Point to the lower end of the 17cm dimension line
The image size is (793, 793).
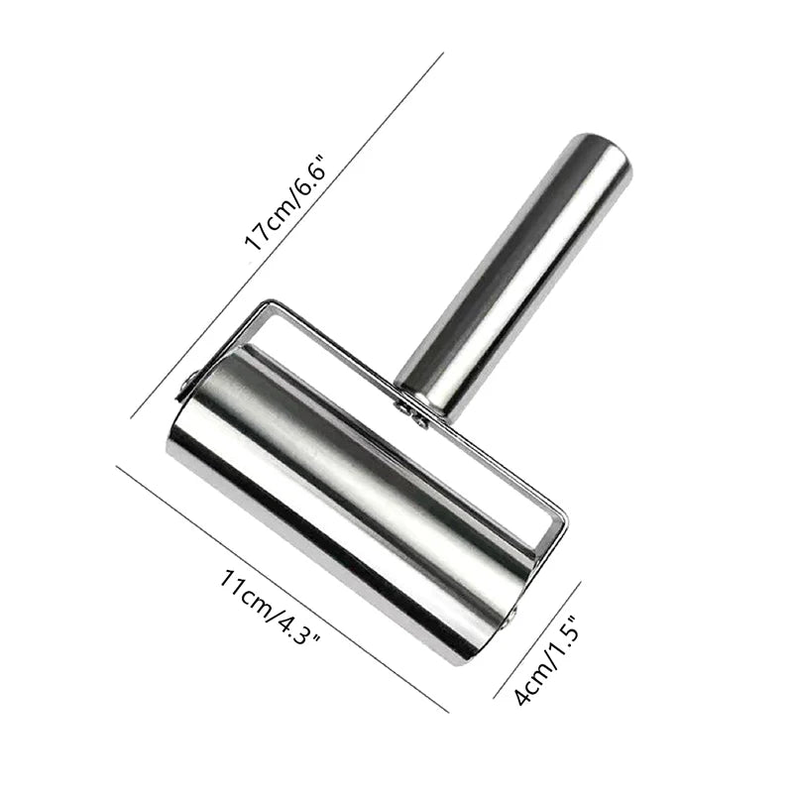click(132, 416)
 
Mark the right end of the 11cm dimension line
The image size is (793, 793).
click(448, 711)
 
